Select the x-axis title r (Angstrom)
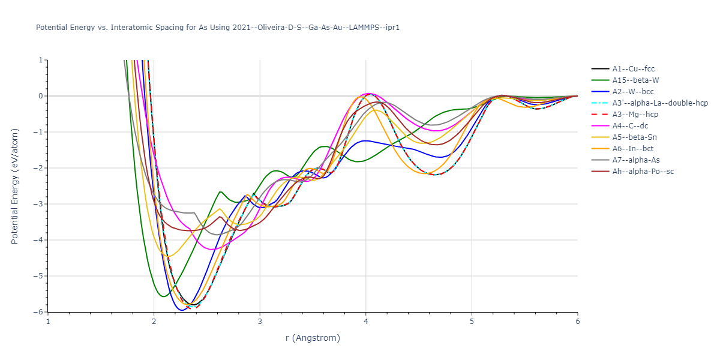pyautogui.click(x=313, y=338)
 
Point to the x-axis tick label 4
pyautogui.click(x=365, y=322)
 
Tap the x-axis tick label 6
pyautogui.click(x=577, y=322)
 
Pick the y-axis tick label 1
pyautogui.click(x=41, y=60)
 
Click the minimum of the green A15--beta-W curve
pyautogui.click(x=163, y=296)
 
